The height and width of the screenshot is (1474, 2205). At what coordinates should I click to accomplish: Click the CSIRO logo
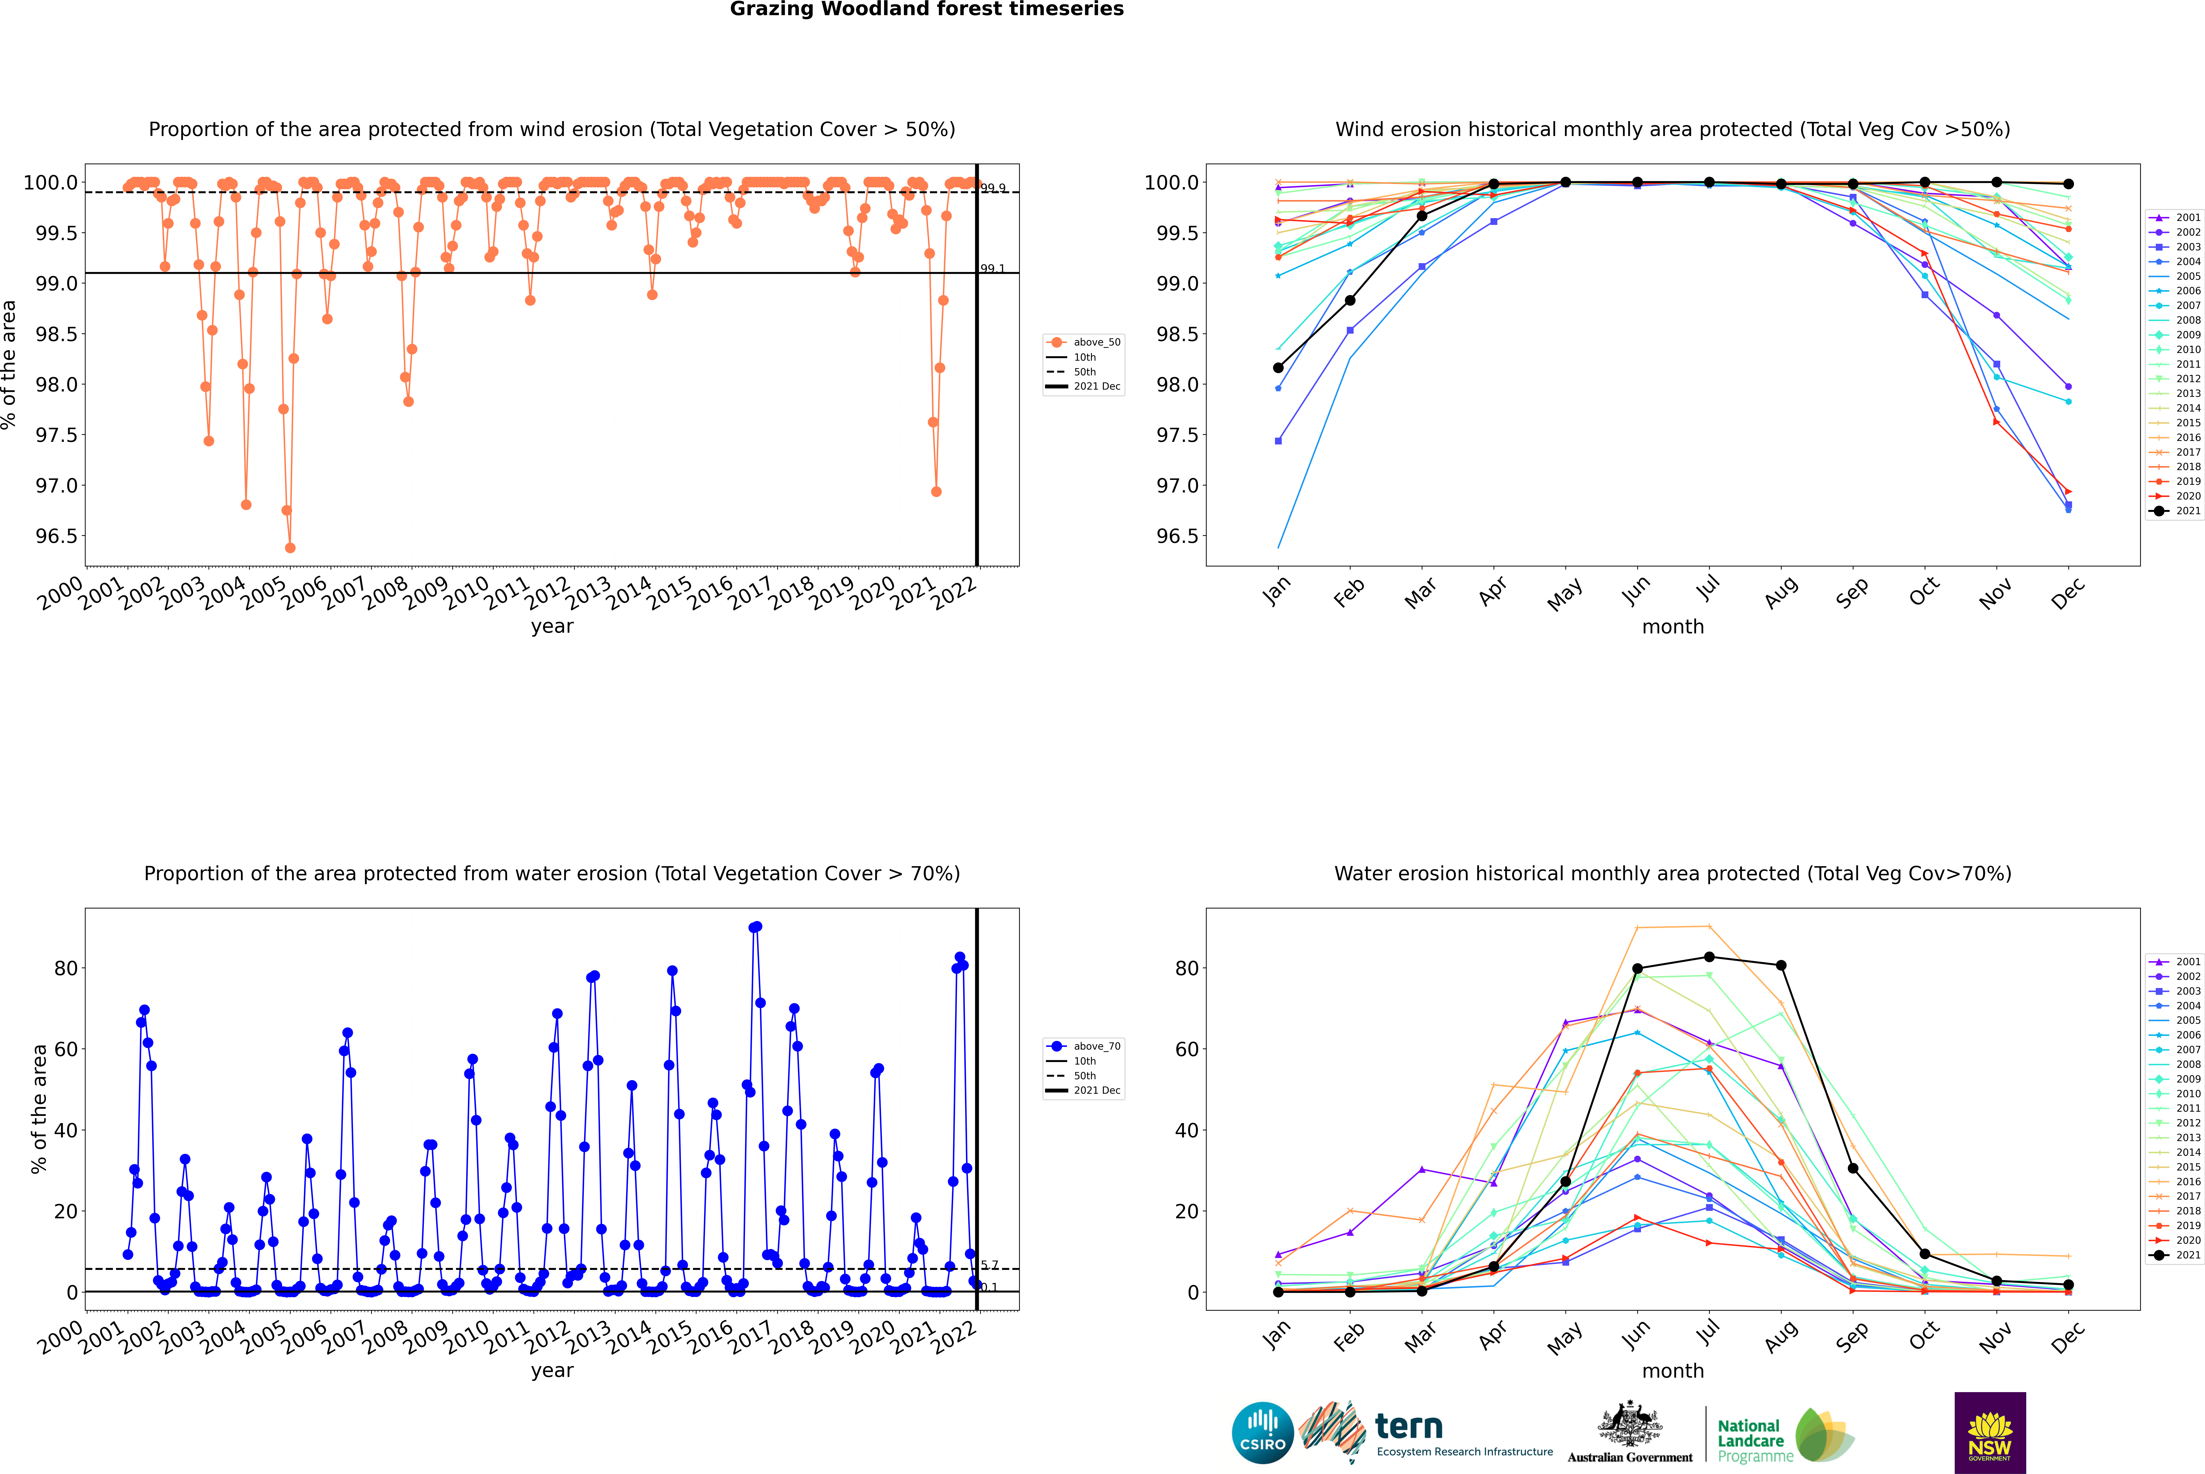click(1262, 1433)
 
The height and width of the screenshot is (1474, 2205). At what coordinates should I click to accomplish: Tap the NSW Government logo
click(1990, 1433)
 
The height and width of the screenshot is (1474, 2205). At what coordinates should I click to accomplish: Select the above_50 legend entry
click(1096, 342)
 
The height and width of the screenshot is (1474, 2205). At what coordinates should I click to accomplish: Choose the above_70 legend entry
click(1096, 1046)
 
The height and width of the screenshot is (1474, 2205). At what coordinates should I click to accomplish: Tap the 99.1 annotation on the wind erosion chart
click(993, 269)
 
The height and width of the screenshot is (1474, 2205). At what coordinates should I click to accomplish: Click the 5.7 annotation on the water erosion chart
click(990, 1265)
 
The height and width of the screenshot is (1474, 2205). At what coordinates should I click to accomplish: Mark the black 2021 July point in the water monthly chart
click(1709, 957)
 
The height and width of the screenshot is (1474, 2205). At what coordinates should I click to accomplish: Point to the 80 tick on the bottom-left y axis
click(66, 968)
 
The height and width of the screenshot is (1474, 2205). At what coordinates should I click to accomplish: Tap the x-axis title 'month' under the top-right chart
click(1672, 627)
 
